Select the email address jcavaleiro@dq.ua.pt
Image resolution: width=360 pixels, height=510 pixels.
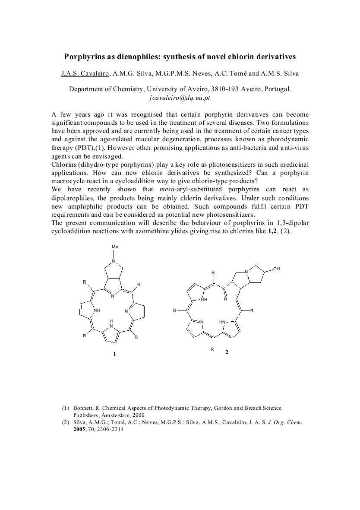click(180, 98)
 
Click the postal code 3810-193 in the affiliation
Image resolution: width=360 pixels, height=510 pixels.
click(225, 89)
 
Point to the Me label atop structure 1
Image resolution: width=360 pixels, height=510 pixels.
click(114, 247)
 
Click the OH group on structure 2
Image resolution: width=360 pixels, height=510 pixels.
click(277, 269)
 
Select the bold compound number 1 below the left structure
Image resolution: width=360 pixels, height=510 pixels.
click(114, 354)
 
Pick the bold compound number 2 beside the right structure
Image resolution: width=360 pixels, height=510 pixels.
click(227, 352)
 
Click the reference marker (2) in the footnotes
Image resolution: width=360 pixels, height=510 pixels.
click(66, 423)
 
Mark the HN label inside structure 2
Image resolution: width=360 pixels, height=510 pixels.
click(222, 322)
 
